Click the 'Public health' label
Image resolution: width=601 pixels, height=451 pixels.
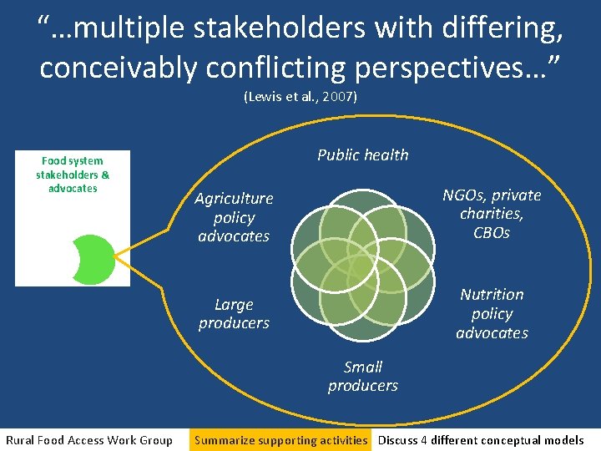pyautogui.click(x=362, y=155)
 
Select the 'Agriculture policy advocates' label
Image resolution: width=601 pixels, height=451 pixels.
pyautogui.click(x=234, y=217)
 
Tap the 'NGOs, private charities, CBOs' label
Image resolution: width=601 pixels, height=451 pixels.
pyautogui.click(x=492, y=214)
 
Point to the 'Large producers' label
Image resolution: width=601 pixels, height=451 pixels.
pyautogui.click(x=234, y=313)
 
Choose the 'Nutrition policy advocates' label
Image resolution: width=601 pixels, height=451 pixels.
pyautogui.click(x=492, y=313)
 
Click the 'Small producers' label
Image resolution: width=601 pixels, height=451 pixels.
pyautogui.click(x=362, y=376)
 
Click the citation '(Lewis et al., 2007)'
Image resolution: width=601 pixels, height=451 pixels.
pyautogui.click(x=300, y=97)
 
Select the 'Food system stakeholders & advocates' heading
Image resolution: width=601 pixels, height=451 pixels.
pyautogui.click(x=73, y=175)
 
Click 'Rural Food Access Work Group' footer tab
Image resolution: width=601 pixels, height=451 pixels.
pyautogui.click(x=89, y=440)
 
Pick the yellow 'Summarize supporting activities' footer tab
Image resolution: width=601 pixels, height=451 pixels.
pyautogui.click(x=280, y=440)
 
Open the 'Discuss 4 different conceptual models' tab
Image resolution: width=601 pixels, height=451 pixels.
pyautogui.click(x=481, y=440)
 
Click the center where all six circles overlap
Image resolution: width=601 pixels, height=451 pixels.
pyautogui.click(x=362, y=266)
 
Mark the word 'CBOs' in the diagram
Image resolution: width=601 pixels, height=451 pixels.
pyautogui.click(x=492, y=233)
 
